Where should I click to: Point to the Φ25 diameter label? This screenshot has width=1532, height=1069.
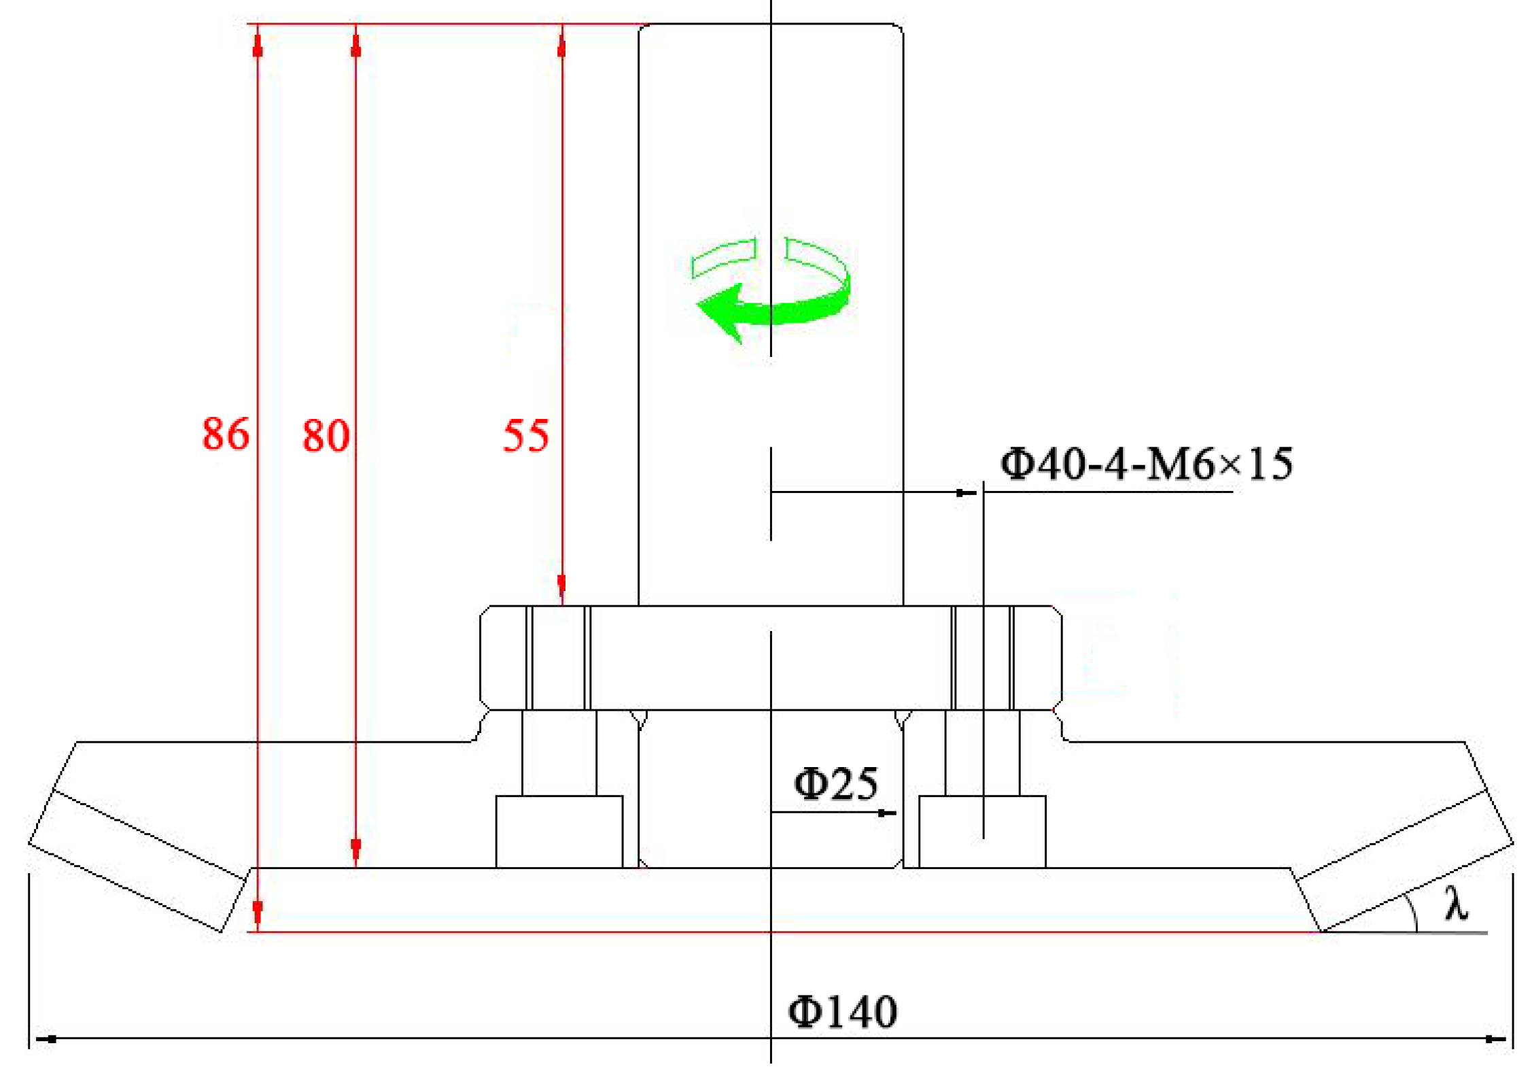pos(835,783)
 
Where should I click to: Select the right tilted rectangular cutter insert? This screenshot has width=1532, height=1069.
pos(1404,860)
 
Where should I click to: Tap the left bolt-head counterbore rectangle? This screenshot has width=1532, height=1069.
pos(559,831)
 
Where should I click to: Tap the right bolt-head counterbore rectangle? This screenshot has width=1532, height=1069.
pos(981,831)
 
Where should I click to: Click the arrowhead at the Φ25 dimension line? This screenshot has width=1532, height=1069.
pos(886,813)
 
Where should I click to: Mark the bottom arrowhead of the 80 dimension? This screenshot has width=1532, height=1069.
pos(355,848)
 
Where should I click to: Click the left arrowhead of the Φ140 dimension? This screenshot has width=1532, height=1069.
pos(46,1039)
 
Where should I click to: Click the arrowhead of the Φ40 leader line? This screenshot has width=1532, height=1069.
pos(965,492)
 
